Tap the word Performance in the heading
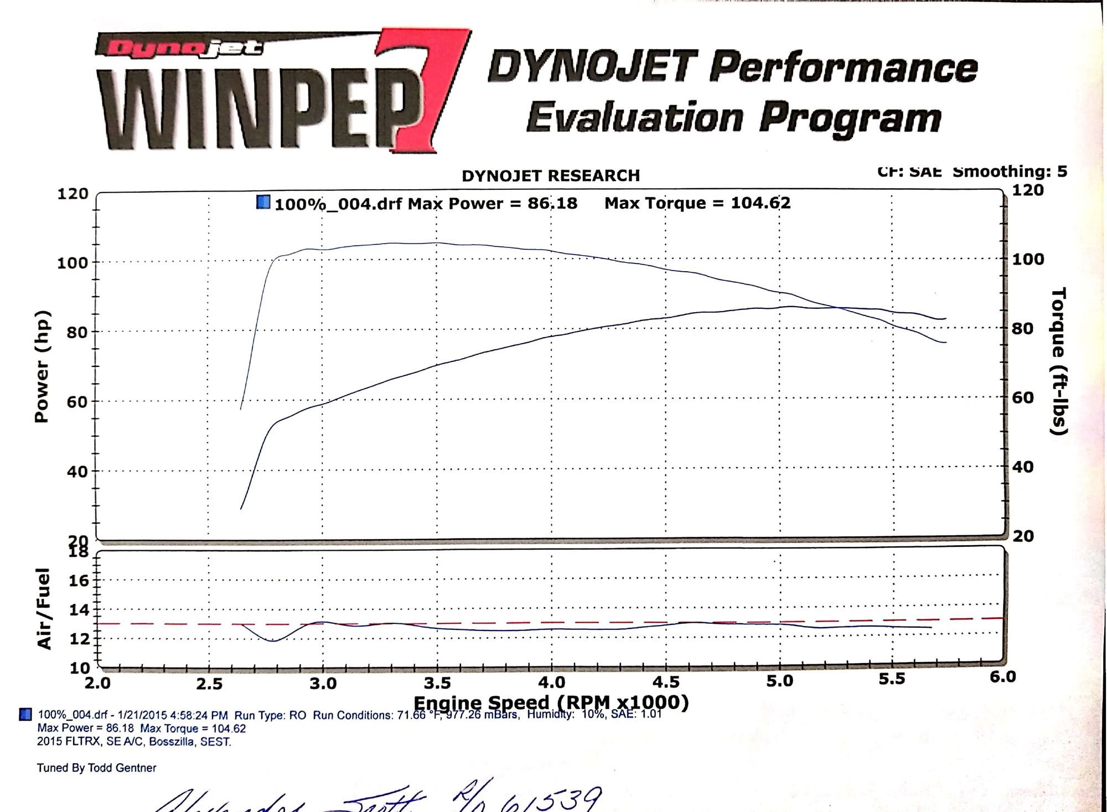tap(842, 68)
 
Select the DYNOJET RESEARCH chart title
tap(551, 176)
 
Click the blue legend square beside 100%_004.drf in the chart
tap(263, 203)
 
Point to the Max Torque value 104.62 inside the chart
tap(761, 203)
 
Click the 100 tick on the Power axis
tap(72, 262)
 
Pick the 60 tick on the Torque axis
tap(1022, 397)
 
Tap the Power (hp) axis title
tap(42, 366)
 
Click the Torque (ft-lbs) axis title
tap(1058, 361)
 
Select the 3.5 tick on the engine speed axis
tap(437, 683)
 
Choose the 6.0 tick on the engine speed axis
tap(1002, 676)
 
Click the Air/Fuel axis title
tap(44, 608)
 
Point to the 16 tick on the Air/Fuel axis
tap(79, 581)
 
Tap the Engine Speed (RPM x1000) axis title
tap(551, 702)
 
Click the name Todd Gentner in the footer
tap(122, 768)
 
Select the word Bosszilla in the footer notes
tap(171, 742)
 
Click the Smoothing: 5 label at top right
tap(1010, 172)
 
